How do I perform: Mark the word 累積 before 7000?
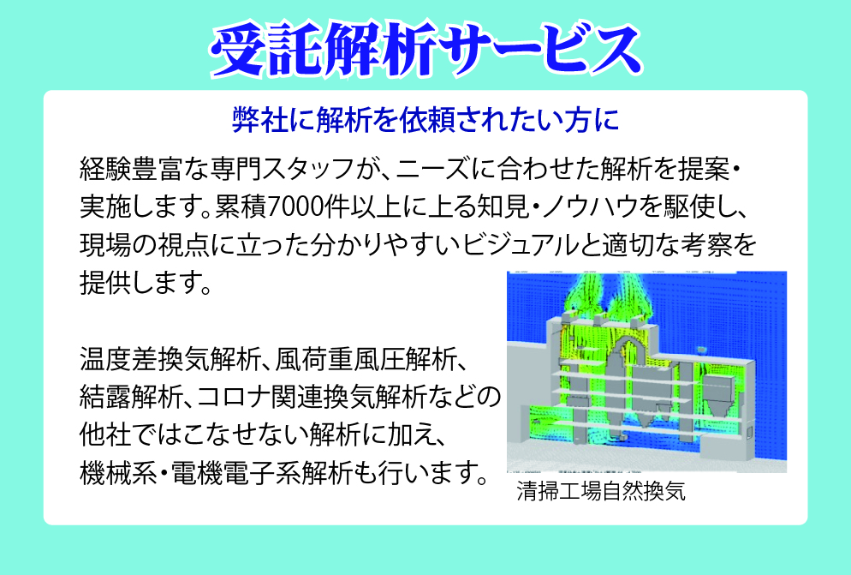pyautogui.click(x=241, y=207)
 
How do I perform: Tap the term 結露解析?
pyautogui.click(x=131, y=397)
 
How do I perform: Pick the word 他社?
pyautogui.click(x=105, y=434)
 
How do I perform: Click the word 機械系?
pyautogui.click(x=118, y=473)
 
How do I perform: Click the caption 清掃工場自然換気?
pyautogui.click(x=601, y=491)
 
